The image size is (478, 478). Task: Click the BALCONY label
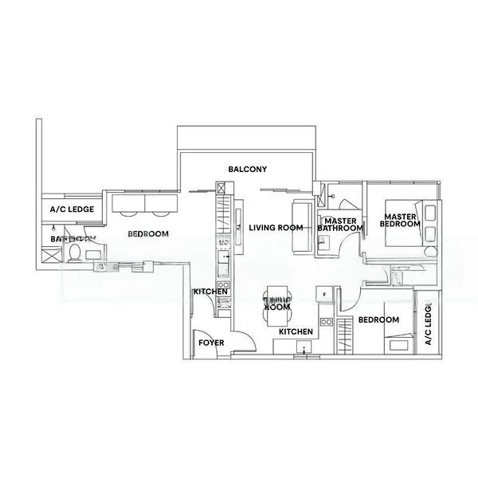[247, 170]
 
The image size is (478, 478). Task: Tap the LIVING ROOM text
[276, 228]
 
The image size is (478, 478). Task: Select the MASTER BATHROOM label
[340, 225]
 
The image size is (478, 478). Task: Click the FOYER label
[211, 343]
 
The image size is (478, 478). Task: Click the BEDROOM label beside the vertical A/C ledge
[378, 319]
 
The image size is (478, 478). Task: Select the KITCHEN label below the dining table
[295, 331]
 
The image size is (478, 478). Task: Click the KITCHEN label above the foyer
[211, 292]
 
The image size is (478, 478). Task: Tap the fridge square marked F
[325, 296]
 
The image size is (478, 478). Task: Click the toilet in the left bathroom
[73, 253]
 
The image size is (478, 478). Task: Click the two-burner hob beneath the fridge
[325, 321]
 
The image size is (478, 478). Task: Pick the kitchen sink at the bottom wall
[303, 347]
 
